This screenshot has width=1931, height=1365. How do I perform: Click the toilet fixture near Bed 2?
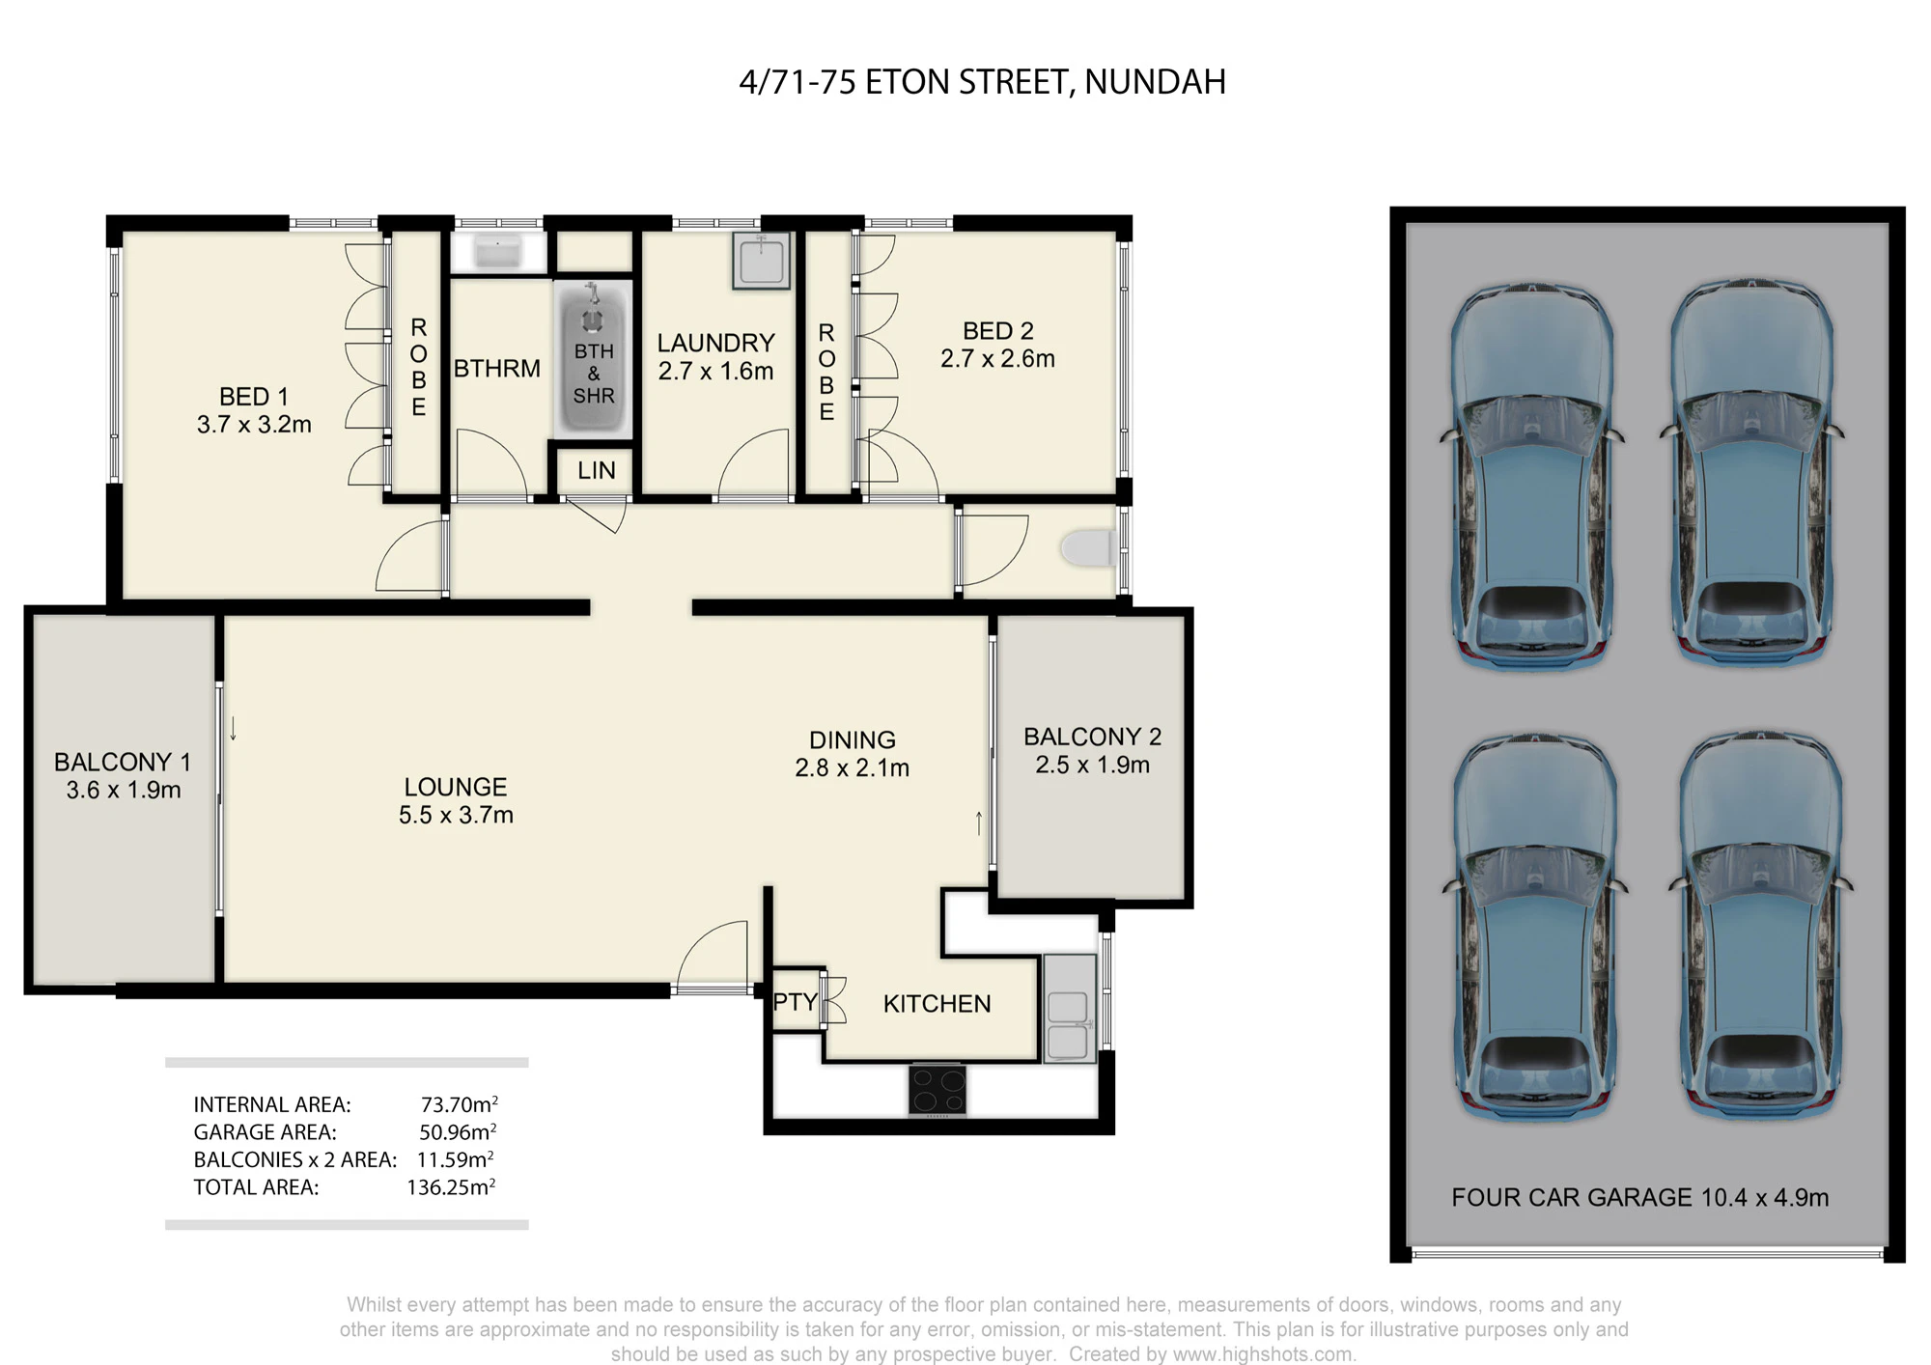[1088, 548]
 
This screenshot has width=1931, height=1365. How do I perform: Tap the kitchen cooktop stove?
[937, 1090]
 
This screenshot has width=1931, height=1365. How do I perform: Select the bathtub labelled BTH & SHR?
[593, 357]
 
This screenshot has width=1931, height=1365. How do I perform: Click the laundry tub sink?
[761, 261]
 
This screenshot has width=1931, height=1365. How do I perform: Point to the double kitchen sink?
[1069, 1009]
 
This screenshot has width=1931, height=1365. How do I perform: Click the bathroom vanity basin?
[497, 253]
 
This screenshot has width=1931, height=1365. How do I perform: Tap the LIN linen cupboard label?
[597, 470]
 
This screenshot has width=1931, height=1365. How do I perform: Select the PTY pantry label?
[795, 1002]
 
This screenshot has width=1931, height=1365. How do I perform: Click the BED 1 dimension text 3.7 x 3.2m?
[254, 425]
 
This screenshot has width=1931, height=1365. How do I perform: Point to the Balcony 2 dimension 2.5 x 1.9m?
[1092, 766]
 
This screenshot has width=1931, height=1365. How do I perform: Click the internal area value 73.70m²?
[460, 1103]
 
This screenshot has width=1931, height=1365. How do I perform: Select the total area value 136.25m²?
[451, 1186]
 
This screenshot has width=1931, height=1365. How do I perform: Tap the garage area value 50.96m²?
[459, 1131]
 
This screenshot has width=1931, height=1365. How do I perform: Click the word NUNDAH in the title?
[1155, 82]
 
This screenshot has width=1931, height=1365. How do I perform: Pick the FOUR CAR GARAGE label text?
[1572, 1198]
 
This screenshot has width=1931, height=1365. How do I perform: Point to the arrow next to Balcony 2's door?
[979, 823]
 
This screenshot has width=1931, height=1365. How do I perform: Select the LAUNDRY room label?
[715, 343]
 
